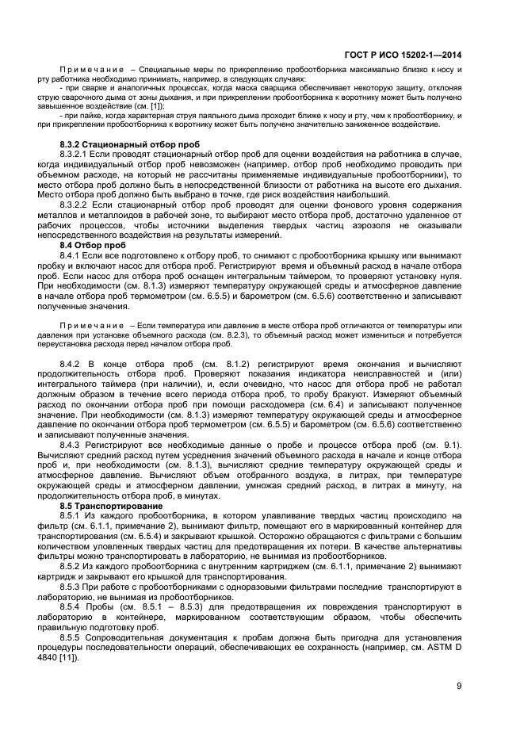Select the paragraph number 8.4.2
(x=74, y=363)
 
